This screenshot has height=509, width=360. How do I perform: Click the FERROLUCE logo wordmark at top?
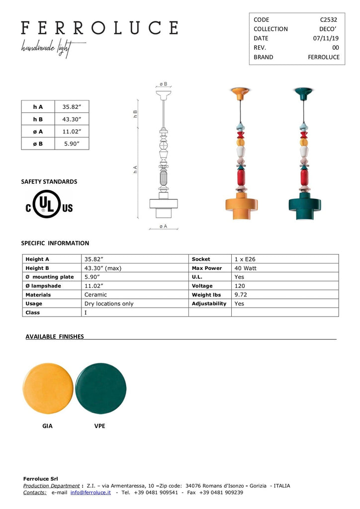(99, 27)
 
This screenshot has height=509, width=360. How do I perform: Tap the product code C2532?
(328, 19)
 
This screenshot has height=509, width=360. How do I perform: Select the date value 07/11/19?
(326, 38)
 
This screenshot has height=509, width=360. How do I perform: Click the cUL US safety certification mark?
(49, 205)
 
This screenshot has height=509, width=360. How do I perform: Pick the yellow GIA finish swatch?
(48, 388)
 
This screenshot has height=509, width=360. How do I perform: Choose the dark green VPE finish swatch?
(101, 388)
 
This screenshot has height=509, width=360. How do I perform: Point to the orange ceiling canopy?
(240, 91)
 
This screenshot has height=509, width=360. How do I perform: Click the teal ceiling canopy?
(303, 91)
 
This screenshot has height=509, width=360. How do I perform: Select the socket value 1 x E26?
(245, 259)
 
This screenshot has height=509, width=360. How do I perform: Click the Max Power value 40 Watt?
(246, 268)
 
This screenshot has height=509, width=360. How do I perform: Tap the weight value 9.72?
(241, 295)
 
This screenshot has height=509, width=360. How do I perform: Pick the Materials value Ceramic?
(95, 295)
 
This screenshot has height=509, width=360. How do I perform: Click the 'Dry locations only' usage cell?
(109, 304)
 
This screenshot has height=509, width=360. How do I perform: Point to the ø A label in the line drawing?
(163, 226)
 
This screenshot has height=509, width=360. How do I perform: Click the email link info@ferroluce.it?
(90, 492)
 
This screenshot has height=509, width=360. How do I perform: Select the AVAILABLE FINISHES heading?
(55, 337)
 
